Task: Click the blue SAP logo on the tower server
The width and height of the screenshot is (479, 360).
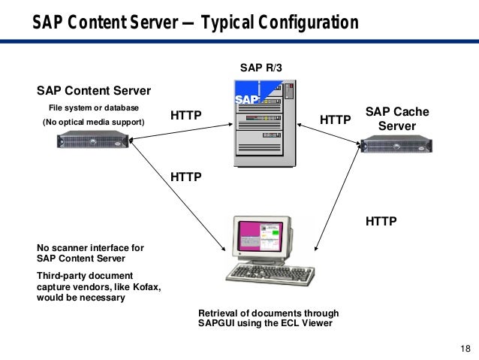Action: (247, 101)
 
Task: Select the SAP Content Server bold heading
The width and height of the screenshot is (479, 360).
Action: (94, 91)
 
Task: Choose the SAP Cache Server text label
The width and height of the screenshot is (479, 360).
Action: (397, 119)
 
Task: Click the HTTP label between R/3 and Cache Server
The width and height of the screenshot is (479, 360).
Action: (336, 119)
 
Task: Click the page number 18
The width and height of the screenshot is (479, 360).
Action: (464, 347)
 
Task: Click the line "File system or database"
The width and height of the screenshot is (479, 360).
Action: (94, 107)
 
